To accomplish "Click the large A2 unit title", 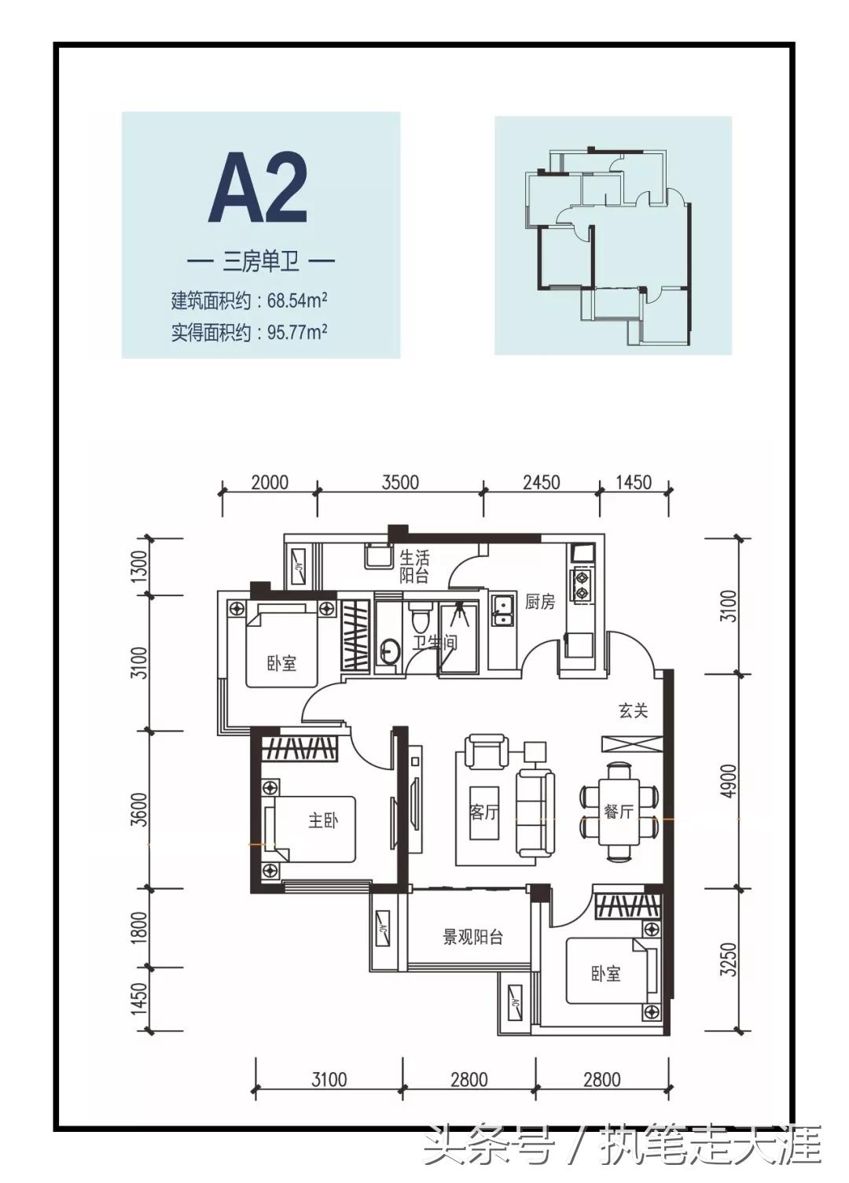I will point(259,188).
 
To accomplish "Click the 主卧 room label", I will point(323,820).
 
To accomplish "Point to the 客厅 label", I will point(484,812).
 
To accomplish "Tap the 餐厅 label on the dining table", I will point(619,812).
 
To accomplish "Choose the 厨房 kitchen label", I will point(540,602).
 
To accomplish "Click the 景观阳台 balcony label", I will point(472,937).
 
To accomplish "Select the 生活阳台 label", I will point(414,567).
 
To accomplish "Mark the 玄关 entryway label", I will point(633,710).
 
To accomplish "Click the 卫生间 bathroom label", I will point(435,643).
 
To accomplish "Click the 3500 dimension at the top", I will point(400,481).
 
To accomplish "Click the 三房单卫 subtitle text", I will point(261,261).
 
